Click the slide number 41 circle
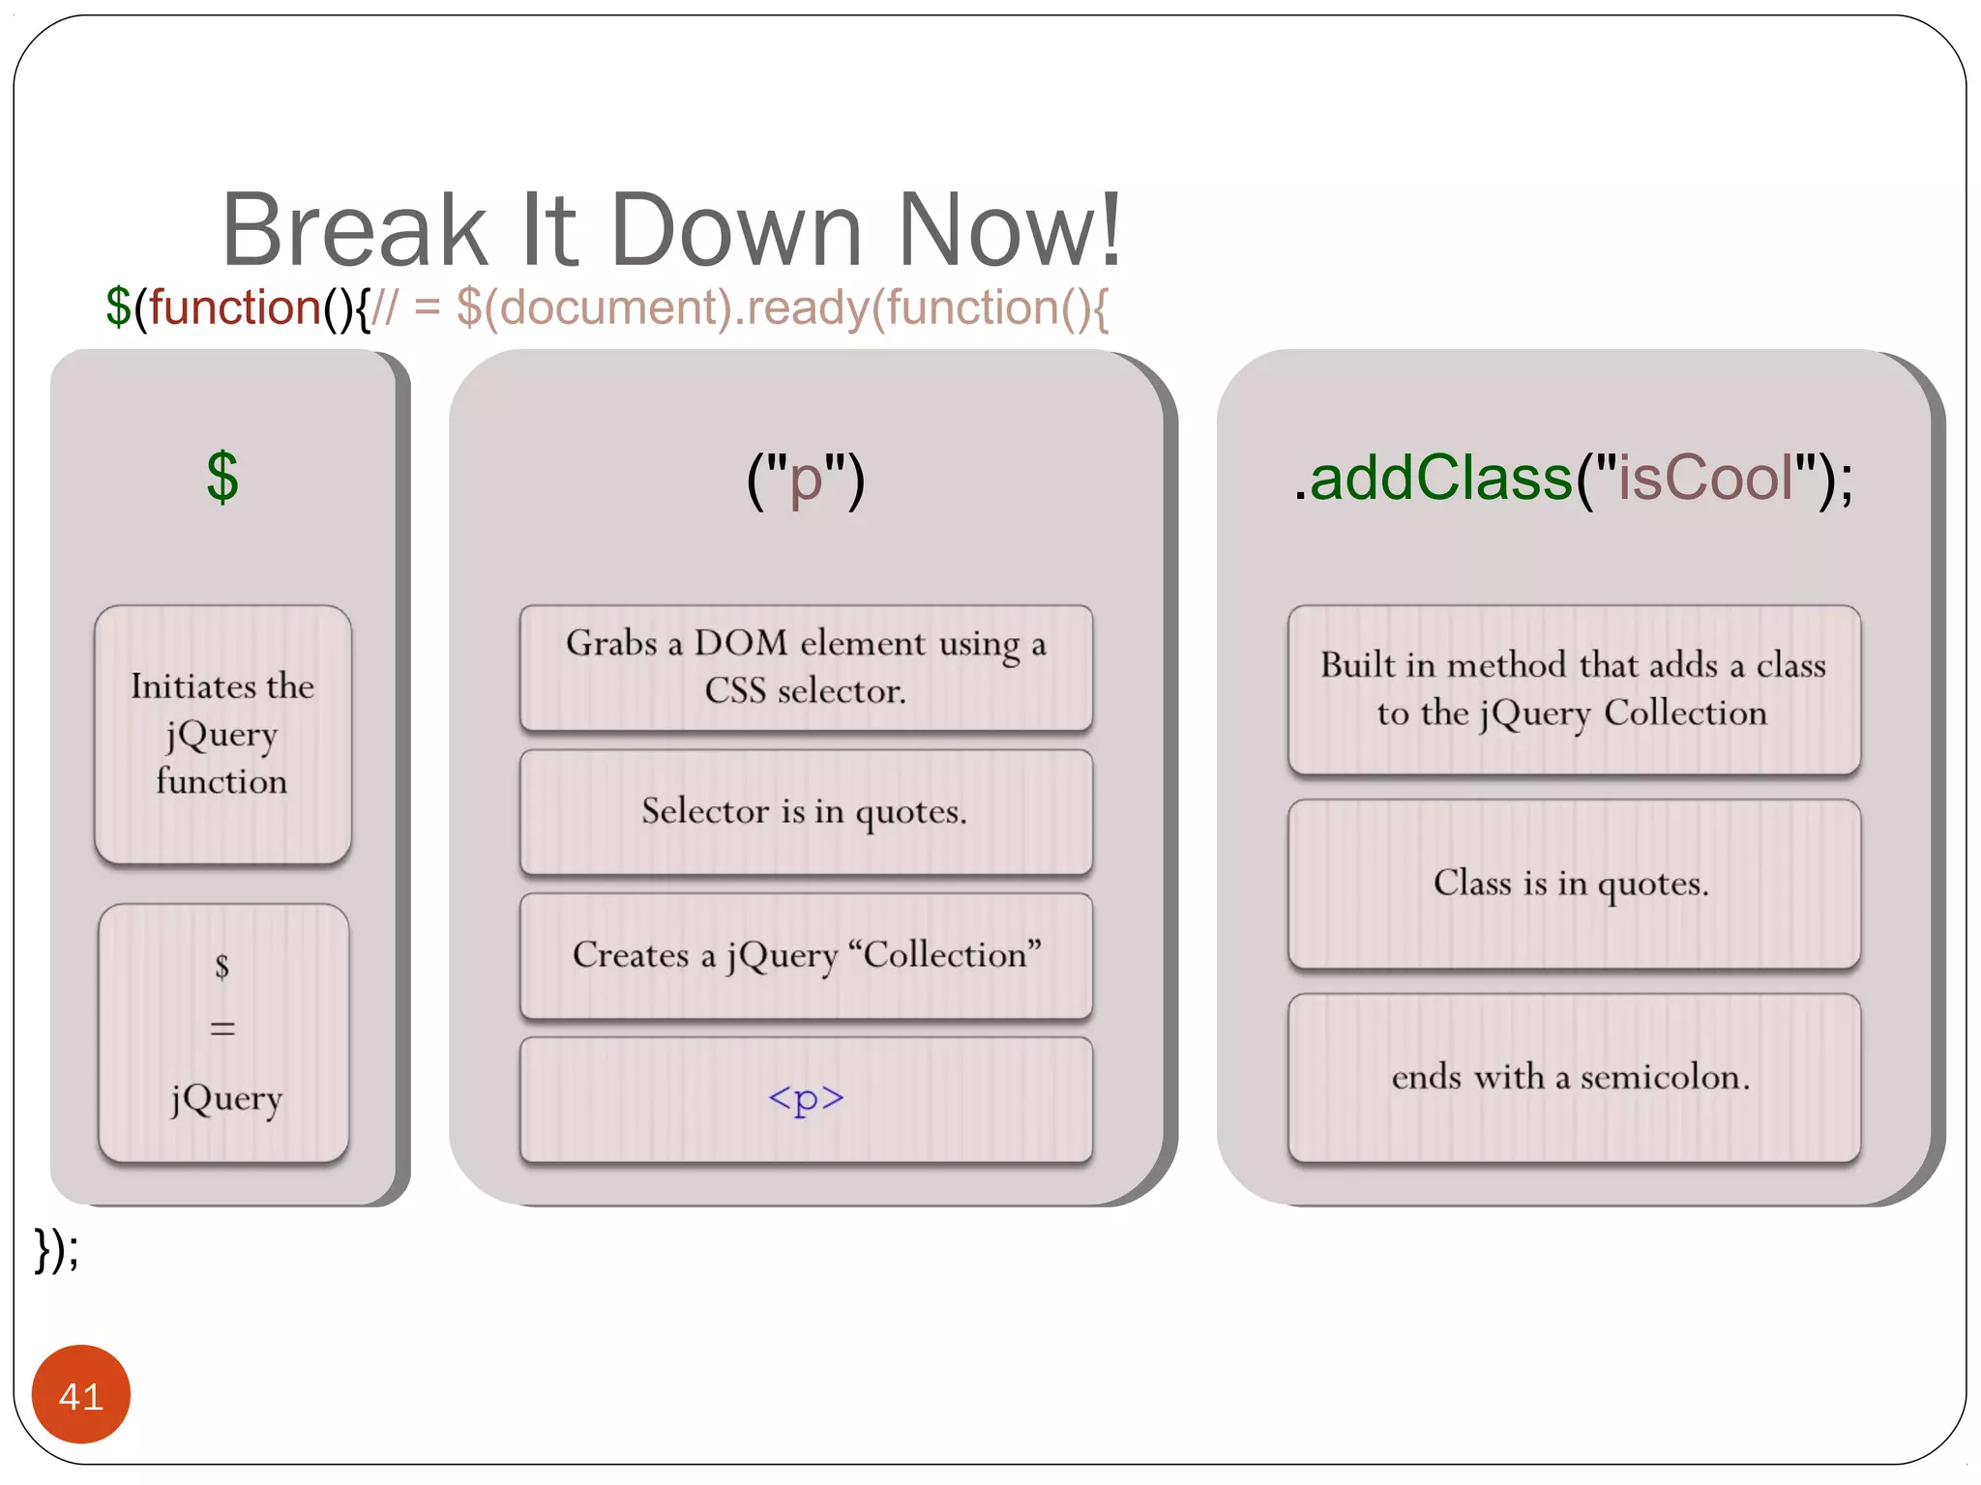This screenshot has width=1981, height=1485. [80, 1394]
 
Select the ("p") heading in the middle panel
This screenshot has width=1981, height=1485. [805, 480]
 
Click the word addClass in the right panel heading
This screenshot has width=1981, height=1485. [1440, 478]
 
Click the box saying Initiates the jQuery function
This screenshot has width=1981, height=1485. [222, 734]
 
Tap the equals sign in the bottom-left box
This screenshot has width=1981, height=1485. [222, 1028]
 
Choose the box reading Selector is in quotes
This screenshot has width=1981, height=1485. [805, 812]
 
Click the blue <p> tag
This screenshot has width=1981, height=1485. [805, 1098]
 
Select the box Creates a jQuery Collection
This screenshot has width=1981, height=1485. [805, 955]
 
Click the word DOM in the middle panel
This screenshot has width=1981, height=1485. [741, 643]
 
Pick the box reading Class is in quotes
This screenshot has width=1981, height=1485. [1573, 884]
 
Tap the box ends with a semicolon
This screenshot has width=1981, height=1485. [1573, 1077]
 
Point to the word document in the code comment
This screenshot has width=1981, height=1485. [615, 307]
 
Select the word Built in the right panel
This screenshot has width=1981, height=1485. [1358, 665]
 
